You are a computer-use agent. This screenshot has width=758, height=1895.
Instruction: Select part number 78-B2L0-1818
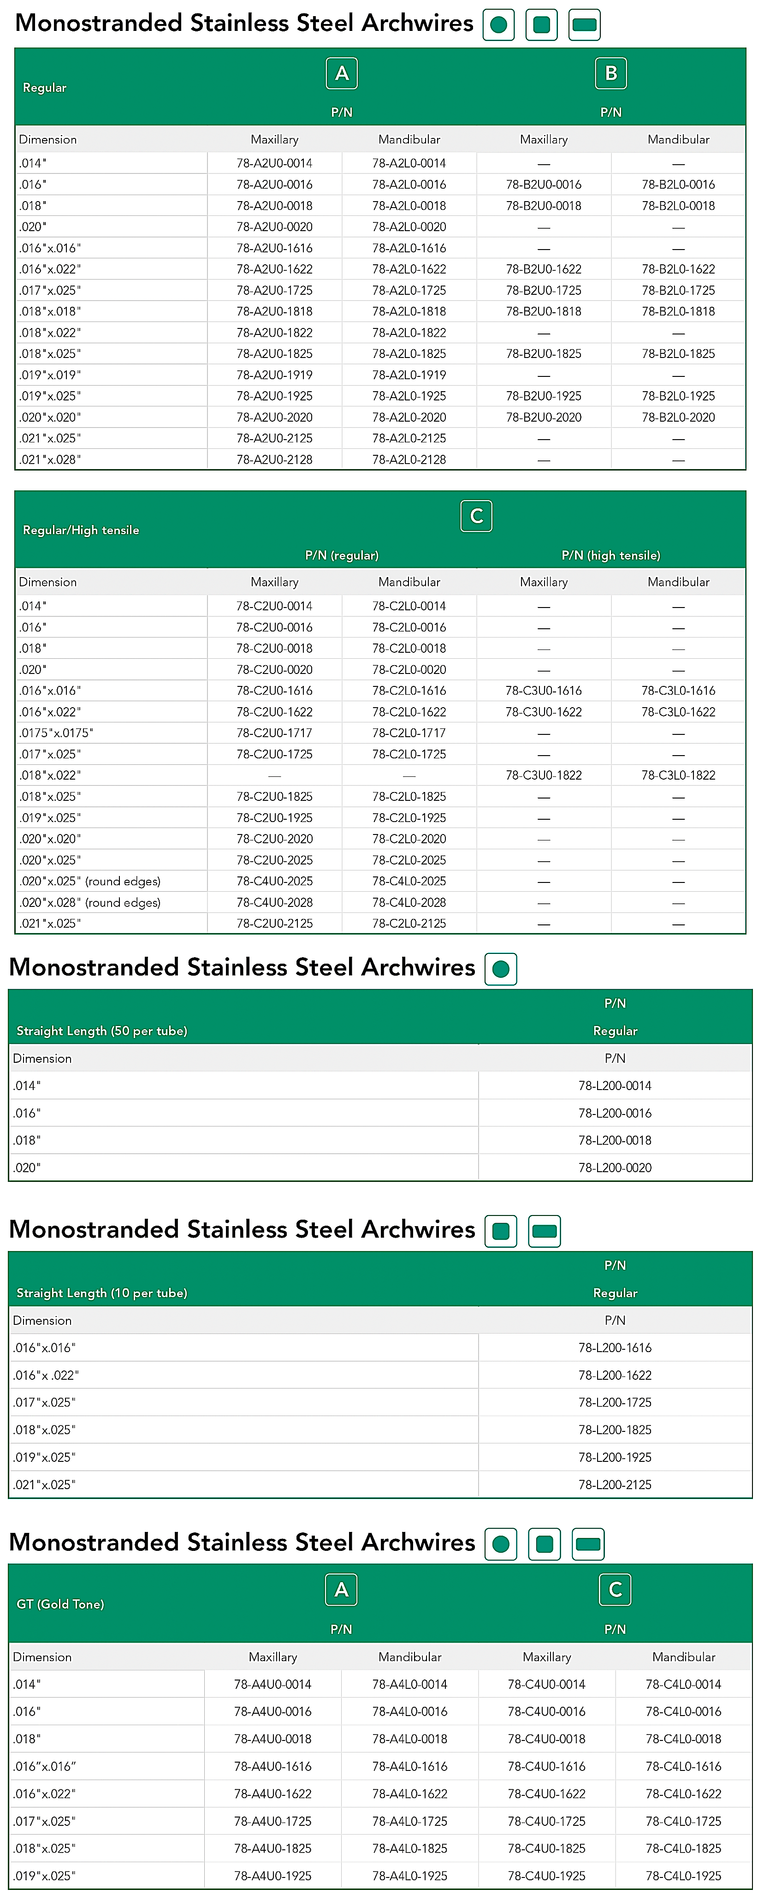pyautogui.click(x=678, y=311)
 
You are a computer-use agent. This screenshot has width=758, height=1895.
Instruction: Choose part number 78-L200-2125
pyautogui.click(x=615, y=1484)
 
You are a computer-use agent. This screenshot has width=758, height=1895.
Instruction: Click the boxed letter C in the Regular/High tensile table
pyautogui.click(x=476, y=516)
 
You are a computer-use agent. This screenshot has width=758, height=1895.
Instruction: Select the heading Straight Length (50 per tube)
pyautogui.click(x=101, y=1031)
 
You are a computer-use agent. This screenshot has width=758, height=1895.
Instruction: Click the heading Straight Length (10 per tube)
pyautogui.click(x=101, y=1293)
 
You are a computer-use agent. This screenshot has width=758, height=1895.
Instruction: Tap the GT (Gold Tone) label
pyautogui.click(x=60, y=1603)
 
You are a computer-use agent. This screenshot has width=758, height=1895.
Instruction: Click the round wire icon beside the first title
pyautogui.click(x=498, y=25)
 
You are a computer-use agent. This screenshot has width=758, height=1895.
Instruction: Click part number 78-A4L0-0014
pyautogui.click(x=409, y=1684)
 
